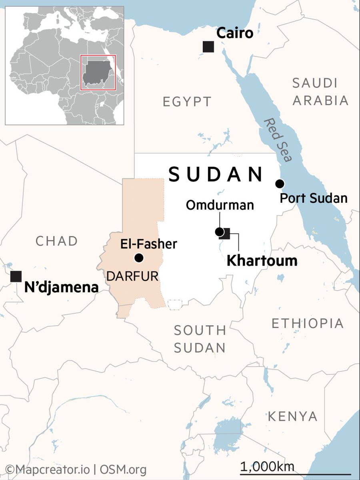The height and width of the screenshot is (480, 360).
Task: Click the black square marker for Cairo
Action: [x=208, y=47]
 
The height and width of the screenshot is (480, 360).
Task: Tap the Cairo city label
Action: [x=235, y=33]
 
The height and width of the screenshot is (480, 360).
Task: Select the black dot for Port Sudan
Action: [x=280, y=184]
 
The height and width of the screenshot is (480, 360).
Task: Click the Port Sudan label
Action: [x=313, y=198]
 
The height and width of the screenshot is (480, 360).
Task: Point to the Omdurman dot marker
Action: [x=219, y=232]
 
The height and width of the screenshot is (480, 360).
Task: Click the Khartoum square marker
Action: [x=226, y=233]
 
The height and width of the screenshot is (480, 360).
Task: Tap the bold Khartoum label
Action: [x=262, y=261]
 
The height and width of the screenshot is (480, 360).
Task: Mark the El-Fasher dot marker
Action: [x=139, y=258]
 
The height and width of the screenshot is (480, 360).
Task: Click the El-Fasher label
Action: [x=149, y=244]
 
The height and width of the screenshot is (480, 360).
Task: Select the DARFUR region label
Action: [x=132, y=276]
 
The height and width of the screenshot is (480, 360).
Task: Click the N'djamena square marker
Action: [x=16, y=276]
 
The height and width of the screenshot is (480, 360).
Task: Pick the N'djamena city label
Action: [x=61, y=287]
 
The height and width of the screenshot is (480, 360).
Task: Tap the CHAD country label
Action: [x=56, y=241]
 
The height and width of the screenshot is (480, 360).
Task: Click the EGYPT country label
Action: [x=187, y=102]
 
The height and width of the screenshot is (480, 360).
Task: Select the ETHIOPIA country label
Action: [x=308, y=323]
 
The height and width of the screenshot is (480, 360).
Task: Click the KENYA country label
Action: [x=292, y=416]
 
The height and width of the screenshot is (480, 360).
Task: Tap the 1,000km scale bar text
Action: [x=267, y=466]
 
